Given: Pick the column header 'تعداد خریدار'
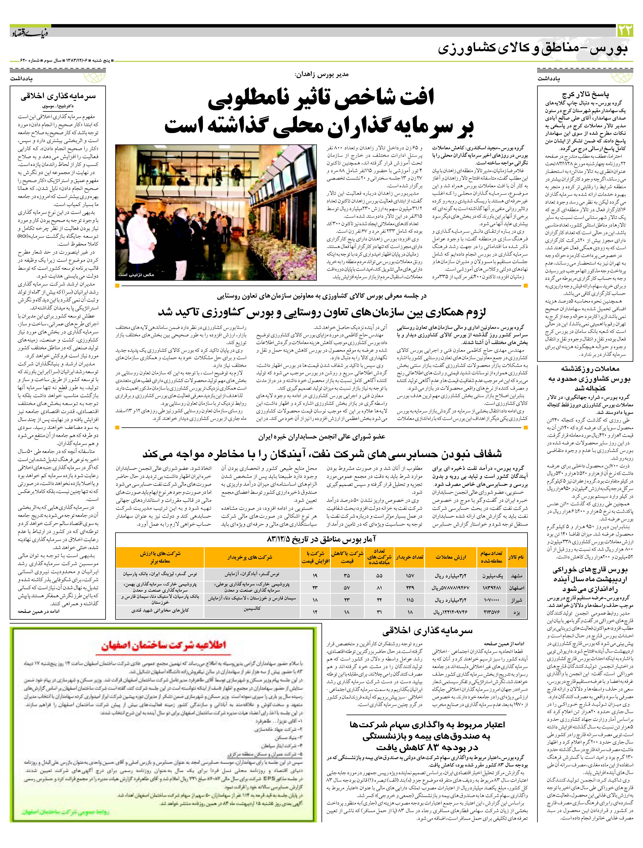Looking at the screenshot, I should click(410, 557).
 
